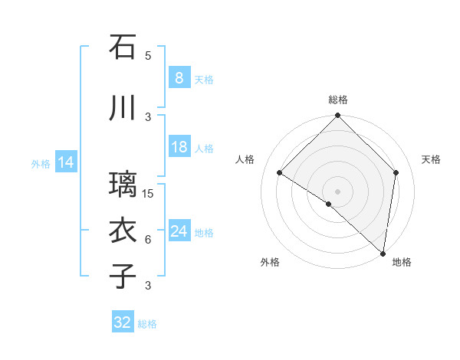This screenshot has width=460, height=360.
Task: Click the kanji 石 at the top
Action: pos(123,47)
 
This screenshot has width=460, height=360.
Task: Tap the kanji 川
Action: pos(123,108)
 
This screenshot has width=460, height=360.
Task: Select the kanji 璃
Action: pos(123,185)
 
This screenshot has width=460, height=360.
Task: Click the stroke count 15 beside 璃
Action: pos(148,194)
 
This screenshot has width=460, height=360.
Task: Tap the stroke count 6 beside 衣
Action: pos(148,240)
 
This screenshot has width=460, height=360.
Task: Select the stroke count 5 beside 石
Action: pos(148,56)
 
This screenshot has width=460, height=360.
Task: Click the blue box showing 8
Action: pos(179,77)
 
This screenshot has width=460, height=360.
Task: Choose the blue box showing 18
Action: pos(179,147)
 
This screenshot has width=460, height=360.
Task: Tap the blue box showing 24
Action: pos(179,231)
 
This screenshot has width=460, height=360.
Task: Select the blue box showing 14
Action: pos(66,162)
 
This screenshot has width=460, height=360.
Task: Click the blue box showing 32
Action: pos(123,322)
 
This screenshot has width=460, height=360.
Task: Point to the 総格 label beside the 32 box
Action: pos(147,324)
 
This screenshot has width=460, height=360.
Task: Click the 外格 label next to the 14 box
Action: pos(41,163)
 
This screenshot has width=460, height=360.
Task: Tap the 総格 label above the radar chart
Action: pos(337,100)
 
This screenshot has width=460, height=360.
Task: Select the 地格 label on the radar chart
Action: pos(402,263)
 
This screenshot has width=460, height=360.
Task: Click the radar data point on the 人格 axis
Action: pos(280,173)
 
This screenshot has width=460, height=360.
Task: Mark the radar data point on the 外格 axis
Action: pos(329,204)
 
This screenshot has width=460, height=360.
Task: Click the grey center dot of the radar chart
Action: pos(337,191)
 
